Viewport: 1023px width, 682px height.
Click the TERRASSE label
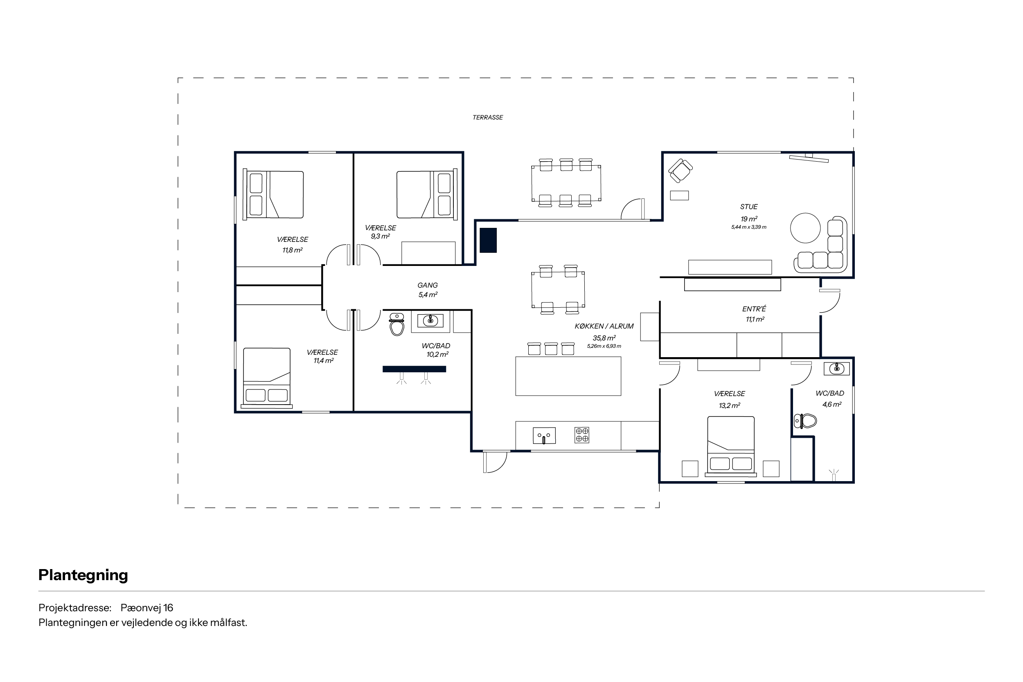click(x=488, y=117)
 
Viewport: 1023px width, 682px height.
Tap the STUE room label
click(x=749, y=207)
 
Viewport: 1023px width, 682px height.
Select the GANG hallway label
click(x=428, y=285)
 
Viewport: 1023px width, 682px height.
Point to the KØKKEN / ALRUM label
click(x=604, y=326)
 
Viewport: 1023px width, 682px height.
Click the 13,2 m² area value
click(x=730, y=405)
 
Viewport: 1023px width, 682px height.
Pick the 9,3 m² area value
click(x=380, y=236)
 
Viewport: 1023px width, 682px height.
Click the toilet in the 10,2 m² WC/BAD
click(x=397, y=324)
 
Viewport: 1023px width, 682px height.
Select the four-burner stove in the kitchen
click(x=582, y=435)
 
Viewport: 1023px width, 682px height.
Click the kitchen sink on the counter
click(x=544, y=435)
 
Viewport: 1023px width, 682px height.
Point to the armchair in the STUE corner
click(x=680, y=171)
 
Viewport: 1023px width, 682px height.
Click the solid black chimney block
click(x=488, y=241)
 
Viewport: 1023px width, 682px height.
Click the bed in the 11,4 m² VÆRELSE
click(x=267, y=378)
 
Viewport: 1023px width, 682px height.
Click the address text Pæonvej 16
click(x=147, y=608)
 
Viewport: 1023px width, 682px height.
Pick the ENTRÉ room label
click(x=754, y=309)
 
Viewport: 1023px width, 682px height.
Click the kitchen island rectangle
click(x=568, y=376)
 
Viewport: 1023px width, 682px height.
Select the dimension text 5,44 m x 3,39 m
click(x=748, y=227)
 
